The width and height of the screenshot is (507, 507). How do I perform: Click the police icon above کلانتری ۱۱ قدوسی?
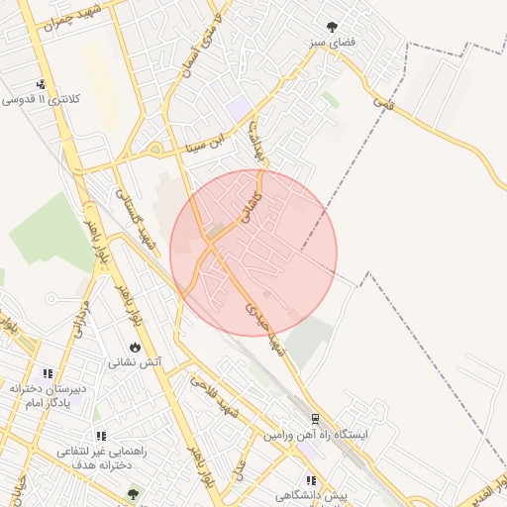pos(41,84)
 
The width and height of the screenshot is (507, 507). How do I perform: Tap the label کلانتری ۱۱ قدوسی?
pos(42,100)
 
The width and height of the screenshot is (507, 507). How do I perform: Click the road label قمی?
pos(383,102)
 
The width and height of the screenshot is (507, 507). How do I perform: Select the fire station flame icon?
pos(135,348)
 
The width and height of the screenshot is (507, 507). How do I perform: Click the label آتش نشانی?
pos(138,363)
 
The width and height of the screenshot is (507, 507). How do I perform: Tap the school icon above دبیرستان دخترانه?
pos(48,373)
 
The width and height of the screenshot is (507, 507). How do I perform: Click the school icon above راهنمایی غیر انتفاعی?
pos(101,435)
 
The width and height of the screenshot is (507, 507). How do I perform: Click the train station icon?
pos(315,419)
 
